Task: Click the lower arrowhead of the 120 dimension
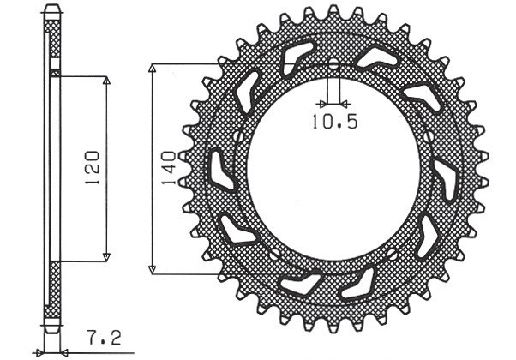tap(106, 256)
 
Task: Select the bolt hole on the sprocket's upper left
tap(238, 136)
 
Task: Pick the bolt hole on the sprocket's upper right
tap(428, 136)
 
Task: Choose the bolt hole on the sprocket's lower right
tap(392, 254)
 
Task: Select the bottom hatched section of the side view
tap(53, 291)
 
